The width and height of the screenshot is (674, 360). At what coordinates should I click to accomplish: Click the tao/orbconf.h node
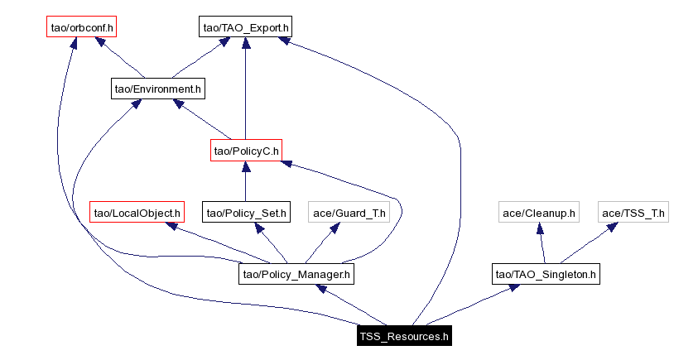tap(81, 27)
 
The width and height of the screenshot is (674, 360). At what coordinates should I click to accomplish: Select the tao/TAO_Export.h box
tap(244, 27)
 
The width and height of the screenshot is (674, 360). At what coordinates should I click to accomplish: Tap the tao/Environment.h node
tap(157, 88)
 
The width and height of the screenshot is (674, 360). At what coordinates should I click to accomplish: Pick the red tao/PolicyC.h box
tap(246, 151)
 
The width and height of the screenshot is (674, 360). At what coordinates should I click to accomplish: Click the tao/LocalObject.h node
tap(137, 213)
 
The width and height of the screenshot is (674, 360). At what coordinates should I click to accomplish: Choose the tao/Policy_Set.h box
tap(246, 213)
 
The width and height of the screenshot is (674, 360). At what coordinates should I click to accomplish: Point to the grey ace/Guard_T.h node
tap(349, 213)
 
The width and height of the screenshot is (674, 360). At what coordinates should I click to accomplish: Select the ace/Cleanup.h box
tap(538, 213)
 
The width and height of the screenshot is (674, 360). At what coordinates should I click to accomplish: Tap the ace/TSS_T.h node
tap(633, 213)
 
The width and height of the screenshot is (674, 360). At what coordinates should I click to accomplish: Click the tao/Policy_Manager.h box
tap(296, 274)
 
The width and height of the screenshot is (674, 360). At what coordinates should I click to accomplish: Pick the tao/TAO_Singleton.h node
tap(545, 274)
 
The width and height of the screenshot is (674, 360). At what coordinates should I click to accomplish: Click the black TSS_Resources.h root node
tap(403, 336)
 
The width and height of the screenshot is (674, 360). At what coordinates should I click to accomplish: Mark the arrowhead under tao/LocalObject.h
tap(174, 226)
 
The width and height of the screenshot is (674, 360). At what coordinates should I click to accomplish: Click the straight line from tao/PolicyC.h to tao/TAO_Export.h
tap(245, 91)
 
